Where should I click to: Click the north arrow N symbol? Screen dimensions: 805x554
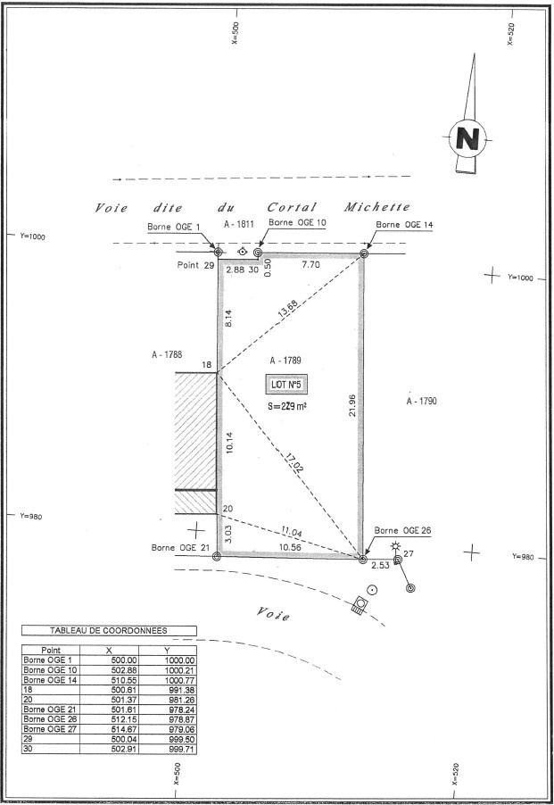pos(467,138)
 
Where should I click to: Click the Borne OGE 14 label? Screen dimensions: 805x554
pos(403,225)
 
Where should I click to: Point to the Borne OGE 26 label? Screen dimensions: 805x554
pos(402,531)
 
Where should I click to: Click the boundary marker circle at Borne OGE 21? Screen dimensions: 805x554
pos(217,555)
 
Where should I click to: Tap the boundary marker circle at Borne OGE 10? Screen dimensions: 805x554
pos(258,253)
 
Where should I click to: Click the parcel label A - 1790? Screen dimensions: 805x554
pos(420,402)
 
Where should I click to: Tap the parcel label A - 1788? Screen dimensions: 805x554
pos(167,354)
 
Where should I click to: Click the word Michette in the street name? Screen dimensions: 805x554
pos(378,207)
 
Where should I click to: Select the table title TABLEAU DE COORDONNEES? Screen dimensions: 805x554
pos(107,630)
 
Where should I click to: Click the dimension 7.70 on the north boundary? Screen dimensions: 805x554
pos(310,266)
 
